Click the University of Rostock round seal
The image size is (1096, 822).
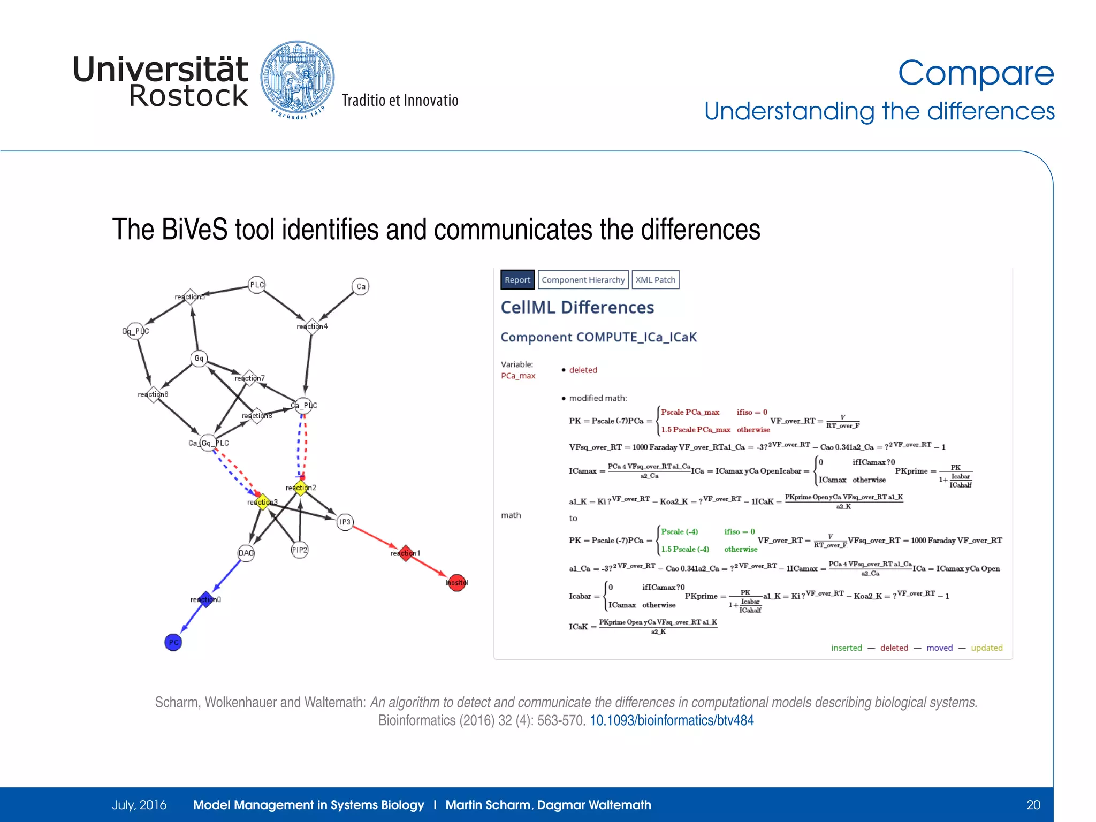point(298,79)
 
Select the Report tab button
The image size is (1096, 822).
point(517,280)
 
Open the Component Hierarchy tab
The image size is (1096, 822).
point(583,280)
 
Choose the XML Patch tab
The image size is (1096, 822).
point(655,280)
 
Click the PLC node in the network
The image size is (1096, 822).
point(257,285)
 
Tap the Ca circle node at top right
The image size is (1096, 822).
point(361,286)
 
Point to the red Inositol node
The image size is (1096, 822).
point(456,583)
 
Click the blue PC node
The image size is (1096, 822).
point(173,642)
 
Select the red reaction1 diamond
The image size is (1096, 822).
point(406,553)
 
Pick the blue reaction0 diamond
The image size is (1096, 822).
point(206,599)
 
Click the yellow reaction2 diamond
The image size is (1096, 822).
point(301,488)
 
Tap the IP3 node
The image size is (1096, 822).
point(345,522)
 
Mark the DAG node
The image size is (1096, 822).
point(246,553)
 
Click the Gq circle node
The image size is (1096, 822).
point(199,359)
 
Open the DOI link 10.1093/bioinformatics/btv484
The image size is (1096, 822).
point(671,720)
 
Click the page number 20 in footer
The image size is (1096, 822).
point(1033,805)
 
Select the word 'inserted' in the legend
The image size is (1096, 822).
point(846,648)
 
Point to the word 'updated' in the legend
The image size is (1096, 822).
point(986,648)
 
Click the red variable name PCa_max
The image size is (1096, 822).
point(517,376)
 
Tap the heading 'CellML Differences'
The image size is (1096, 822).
point(577,308)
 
